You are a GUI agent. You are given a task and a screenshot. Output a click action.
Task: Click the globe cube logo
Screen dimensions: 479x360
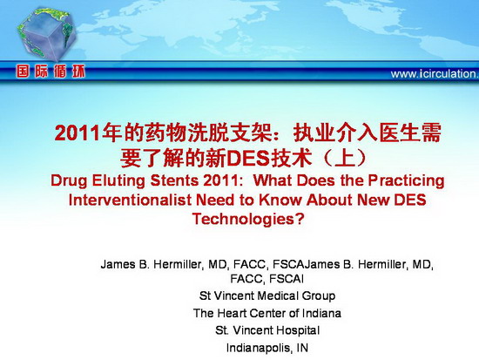coord(46,34)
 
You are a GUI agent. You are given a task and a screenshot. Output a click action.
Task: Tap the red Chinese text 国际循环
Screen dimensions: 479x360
coord(51,71)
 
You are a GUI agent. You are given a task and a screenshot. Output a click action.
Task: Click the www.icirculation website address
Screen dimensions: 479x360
coord(435,74)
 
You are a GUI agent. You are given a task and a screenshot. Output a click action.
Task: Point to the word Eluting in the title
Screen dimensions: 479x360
coord(118,180)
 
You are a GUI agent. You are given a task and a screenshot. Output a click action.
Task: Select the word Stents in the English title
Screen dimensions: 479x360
coord(174,180)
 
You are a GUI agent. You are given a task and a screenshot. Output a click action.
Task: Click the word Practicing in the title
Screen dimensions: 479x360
coord(407,180)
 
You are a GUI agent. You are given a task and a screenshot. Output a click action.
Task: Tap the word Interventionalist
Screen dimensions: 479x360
coord(130,200)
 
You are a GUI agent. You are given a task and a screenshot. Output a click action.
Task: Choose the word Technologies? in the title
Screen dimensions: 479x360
coord(248,220)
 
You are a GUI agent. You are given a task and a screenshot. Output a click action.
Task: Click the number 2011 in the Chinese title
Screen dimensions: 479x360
coord(78,133)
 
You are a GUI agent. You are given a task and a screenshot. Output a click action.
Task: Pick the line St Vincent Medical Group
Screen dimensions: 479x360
coord(267,295)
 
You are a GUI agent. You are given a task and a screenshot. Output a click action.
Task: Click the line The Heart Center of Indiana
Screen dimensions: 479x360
coord(267,313)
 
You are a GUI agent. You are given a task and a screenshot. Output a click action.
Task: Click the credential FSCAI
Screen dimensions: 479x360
coord(287,279)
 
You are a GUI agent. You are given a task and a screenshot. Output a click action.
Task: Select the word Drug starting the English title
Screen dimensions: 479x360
coord(69,180)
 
